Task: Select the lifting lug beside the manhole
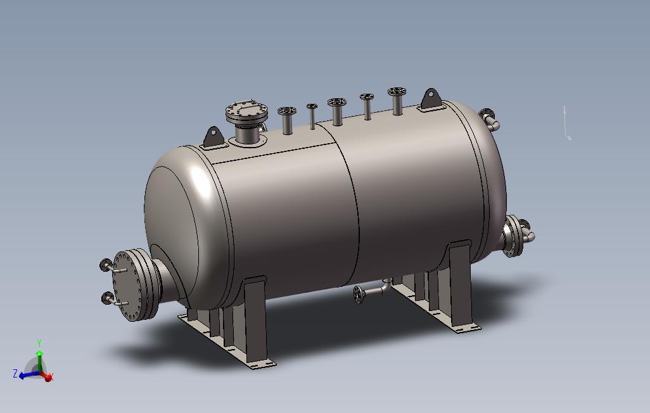(213, 137)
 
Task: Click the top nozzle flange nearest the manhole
(287, 111)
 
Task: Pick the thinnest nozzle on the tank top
(312, 117)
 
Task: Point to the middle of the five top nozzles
(336, 102)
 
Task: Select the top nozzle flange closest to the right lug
(397, 91)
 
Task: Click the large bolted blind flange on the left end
(129, 285)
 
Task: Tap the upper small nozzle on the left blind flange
(113, 266)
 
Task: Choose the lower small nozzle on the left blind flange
(113, 300)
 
